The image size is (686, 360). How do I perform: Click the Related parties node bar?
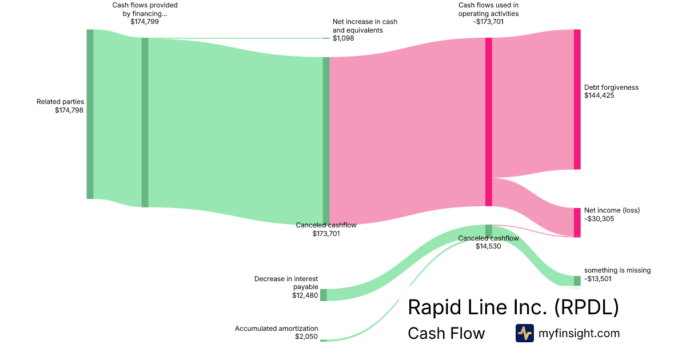point(90,114)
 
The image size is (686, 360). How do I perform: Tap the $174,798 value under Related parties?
point(69,110)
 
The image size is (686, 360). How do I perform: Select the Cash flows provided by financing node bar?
point(145,122)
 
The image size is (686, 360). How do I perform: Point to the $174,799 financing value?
point(145,22)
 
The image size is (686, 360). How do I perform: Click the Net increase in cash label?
point(365,26)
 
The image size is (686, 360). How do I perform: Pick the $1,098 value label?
point(344,38)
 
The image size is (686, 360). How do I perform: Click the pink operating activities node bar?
point(489,122)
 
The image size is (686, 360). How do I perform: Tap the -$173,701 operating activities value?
point(489,22)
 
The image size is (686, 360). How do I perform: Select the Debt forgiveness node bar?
point(577,99)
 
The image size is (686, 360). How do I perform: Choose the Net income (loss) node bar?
point(577,222)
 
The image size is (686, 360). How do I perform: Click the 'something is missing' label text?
point(617,270)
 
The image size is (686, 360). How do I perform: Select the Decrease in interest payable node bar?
point(323,295)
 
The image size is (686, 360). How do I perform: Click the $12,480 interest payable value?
point(305,295)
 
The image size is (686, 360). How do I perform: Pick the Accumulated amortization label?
point(276,329)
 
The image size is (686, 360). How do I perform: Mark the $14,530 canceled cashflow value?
point(488,246)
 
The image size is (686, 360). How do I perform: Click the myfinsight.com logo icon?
point(524,333)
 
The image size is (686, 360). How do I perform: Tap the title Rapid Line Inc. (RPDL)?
point(513,307)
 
